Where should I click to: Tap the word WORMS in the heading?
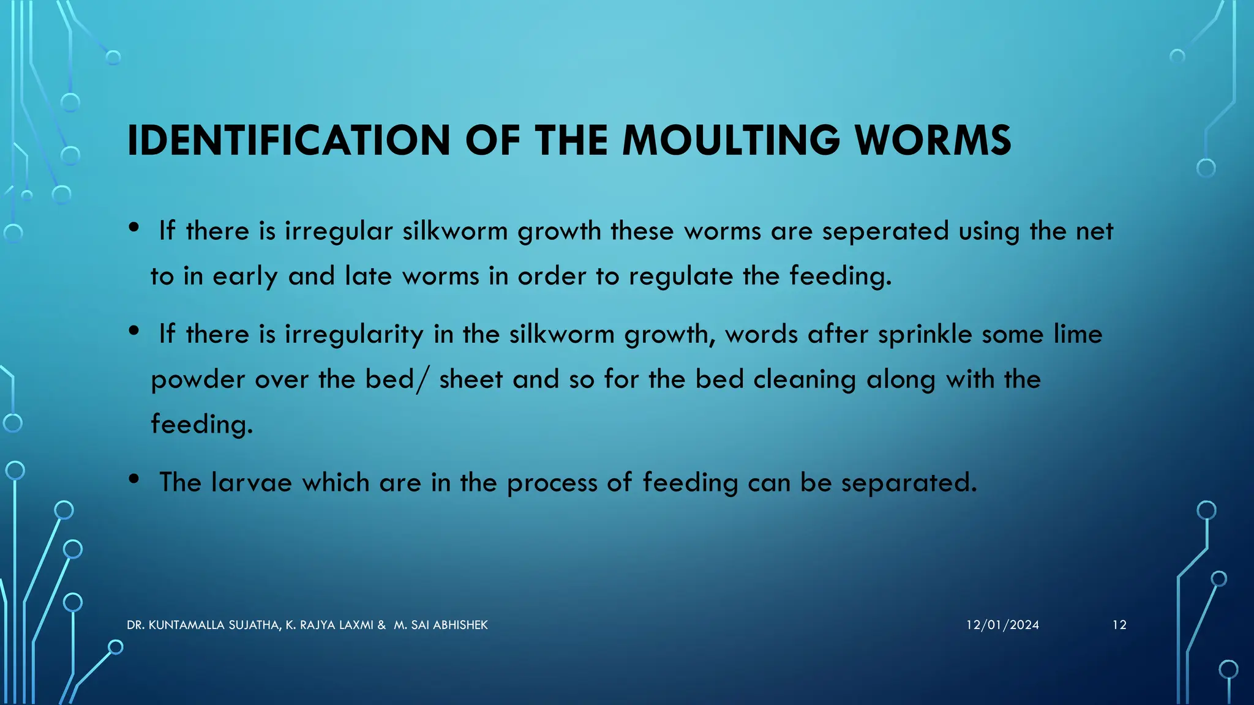(933, 141)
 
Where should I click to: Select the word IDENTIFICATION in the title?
(288, 141)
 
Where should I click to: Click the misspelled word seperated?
(885, 231)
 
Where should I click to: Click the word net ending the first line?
(1094, 231)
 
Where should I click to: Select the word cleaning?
(805, 380)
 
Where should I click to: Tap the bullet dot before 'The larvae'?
(134, 479)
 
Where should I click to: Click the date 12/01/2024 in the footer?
(1002, 625)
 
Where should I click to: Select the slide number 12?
(1119, 625)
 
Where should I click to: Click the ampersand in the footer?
(381, 625)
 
